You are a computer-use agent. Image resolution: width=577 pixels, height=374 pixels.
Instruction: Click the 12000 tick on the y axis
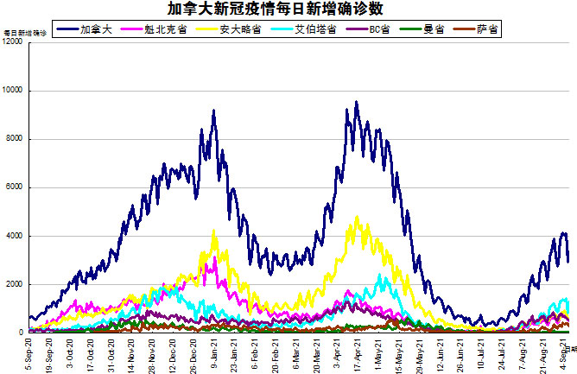click(14, 42)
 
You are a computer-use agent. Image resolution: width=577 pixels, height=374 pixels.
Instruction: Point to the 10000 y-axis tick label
click(14, 91)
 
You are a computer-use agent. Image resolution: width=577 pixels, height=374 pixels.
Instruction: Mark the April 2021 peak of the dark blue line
click(357, 102)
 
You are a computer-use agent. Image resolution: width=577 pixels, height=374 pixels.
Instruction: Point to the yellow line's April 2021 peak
click(357, 217)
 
